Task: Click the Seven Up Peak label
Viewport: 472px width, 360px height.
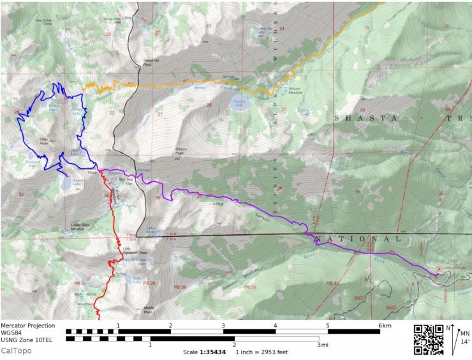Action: pyautogui.click(x=147, y=63)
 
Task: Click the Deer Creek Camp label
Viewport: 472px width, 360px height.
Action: pyautogui.click(x=43, y=21)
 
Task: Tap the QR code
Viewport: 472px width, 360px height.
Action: pyautogui.click(x=429, y=340)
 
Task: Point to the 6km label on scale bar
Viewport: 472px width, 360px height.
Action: pyautogui.click(x=384, y=326)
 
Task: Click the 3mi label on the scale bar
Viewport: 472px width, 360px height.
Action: pyautogui.click(x=322, y=345)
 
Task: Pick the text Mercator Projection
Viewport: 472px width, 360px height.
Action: pyautogui.click(x=27, y=326)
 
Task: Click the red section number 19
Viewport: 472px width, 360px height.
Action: pyautogui.click(x=366, y=28)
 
